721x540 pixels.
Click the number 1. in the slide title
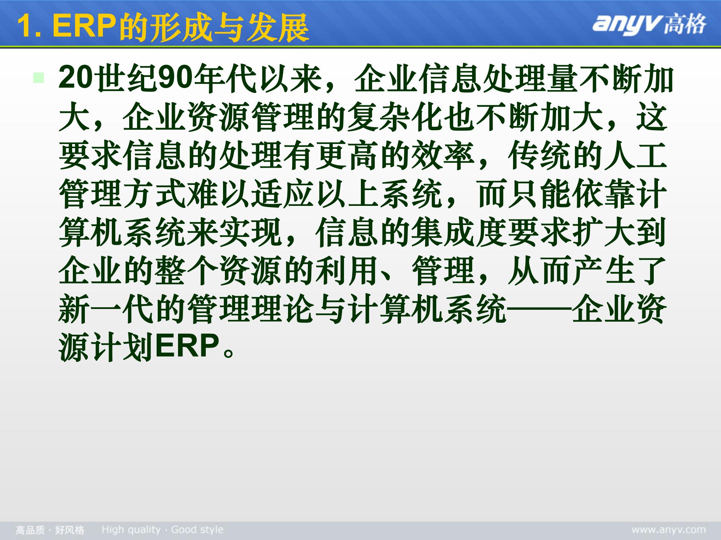29,26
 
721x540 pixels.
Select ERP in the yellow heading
84,26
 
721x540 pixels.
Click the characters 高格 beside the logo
685,24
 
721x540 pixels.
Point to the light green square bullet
39,78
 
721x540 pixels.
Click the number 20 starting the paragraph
75,78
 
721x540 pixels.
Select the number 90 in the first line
175,78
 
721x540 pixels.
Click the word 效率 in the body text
443,155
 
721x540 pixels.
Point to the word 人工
636,155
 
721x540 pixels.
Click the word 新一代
90,309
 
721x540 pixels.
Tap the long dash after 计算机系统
539,309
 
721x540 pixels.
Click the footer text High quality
131,529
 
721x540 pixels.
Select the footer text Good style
197,529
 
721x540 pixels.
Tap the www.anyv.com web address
668,529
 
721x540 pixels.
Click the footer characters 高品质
30,530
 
